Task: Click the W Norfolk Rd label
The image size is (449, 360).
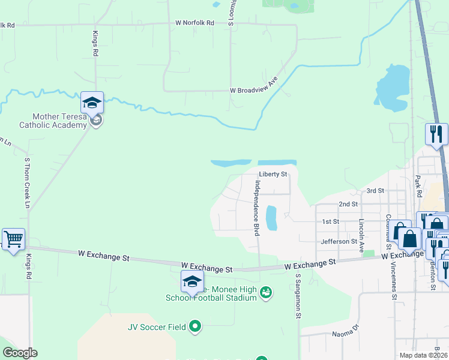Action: (194, 23)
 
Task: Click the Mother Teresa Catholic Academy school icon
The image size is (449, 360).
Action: (92, 103)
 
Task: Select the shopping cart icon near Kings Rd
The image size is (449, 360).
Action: (13, 239)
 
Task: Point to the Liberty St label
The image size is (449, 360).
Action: (273, 175)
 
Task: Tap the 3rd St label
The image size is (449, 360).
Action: (375, 191)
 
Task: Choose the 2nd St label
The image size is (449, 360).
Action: (348, 204)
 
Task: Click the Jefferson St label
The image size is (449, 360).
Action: (339, 241)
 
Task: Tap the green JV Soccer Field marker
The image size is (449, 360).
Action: (194, 327)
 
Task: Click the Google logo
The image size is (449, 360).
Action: (20, 353)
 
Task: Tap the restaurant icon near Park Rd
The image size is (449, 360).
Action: (436, 134)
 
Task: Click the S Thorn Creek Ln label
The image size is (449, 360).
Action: (27, 183)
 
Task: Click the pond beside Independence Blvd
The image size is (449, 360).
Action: (271, 218)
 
